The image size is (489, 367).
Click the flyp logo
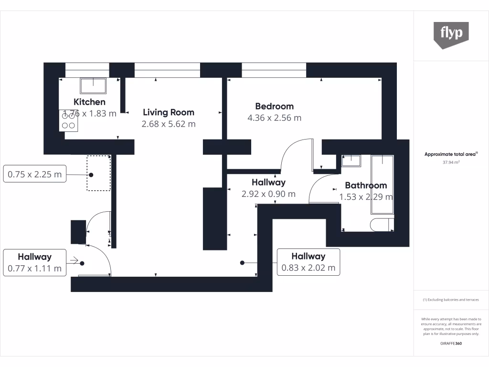(451, 34)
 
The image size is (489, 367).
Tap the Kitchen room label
(89, 102)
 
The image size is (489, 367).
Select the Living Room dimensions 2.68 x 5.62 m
(169, 124)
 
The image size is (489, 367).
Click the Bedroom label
(274, 106)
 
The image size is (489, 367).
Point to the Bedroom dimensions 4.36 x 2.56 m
(274, 118)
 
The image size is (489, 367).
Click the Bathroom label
(366, 185)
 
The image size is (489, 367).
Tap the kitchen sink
(93, 86)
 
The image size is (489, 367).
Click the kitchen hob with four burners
(69, 120)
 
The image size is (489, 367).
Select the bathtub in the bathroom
(383, 184)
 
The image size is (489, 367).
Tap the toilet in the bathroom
(383, 225)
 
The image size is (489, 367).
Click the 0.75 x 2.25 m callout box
(34, 174)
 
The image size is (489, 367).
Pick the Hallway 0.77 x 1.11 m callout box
(34, 262)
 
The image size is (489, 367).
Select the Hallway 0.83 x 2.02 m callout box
(308, 262)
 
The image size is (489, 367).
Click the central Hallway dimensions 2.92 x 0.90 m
(268, 194)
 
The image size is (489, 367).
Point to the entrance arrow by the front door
(74, 260)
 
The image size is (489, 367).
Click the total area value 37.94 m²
(451, 162)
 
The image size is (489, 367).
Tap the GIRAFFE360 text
(451, 344)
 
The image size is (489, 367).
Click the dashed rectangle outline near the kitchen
(98, 173)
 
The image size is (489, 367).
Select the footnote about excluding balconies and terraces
(451, 300)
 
